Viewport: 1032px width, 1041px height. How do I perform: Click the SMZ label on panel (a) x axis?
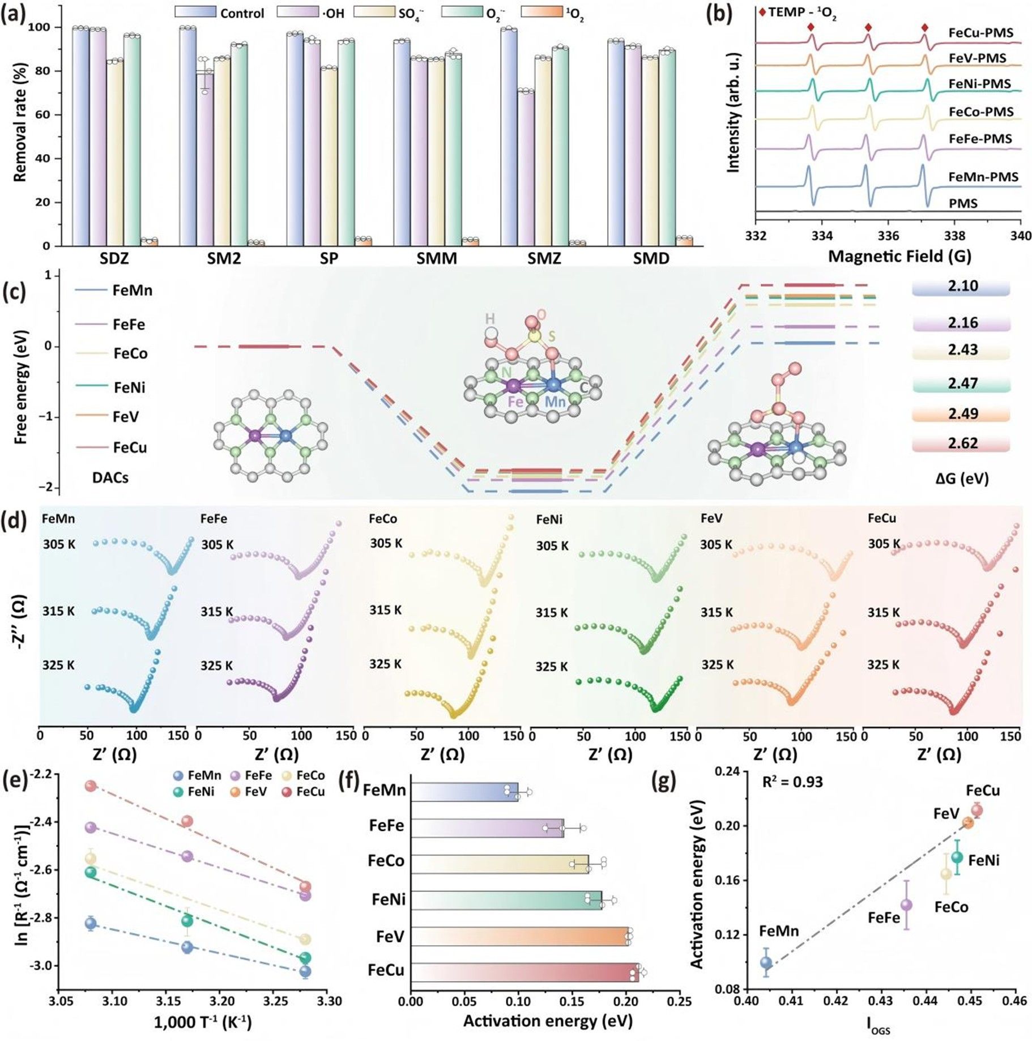click(544, 259)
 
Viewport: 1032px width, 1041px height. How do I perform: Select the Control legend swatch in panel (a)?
click(195, 12)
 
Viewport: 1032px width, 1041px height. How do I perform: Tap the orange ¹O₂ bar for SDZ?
click(149, 242)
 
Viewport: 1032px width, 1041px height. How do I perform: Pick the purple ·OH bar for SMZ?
click(526, 168)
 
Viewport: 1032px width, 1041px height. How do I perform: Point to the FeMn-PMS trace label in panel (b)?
click(983, 177)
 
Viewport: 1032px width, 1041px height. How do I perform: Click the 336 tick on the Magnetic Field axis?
click(888, 236)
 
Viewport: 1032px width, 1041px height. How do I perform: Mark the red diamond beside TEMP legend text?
click(762, 12)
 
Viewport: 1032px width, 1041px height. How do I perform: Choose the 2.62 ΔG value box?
click(962, 443)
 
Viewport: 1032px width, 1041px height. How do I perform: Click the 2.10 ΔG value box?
click(962, 286)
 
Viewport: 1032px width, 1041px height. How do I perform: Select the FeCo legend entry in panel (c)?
click(130, 353)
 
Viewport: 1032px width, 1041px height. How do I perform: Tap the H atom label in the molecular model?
click(490, 319)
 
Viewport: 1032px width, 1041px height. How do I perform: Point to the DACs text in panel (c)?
click(110, 477)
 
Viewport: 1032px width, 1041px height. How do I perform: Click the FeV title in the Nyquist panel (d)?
click(711, 518)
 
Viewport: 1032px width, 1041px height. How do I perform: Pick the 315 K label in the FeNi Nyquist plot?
click(551, 613)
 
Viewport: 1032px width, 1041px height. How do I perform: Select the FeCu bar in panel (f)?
click(524, 972)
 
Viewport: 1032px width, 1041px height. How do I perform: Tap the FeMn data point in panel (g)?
click(766, 962)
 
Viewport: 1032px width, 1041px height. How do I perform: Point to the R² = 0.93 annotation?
click(792, 782)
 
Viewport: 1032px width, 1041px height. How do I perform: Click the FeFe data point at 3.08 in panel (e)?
click(91, 827)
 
